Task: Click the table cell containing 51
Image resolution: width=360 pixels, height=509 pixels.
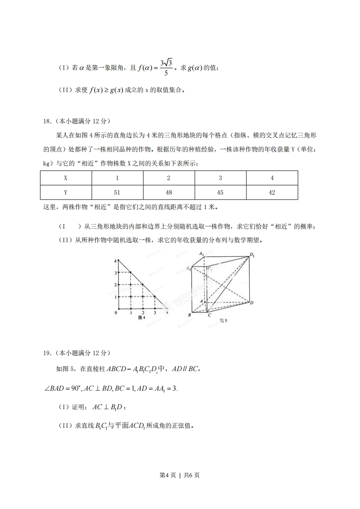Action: tap(117, 192)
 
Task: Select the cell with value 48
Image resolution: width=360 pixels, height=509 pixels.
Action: tap(169, 192)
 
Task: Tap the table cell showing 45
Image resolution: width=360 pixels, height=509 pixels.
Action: tap(220, 192)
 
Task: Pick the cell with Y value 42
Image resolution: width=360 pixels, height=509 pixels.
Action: tap(272, 192)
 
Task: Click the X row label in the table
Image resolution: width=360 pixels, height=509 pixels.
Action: tap(66, 178)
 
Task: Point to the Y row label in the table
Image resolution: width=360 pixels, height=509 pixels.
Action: tap(66, 192)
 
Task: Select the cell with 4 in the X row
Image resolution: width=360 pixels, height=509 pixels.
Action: tap(272, 178)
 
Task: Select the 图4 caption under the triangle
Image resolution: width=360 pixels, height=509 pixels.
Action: tap(141, 318)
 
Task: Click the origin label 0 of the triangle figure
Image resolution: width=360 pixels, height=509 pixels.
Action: tap(116, 313)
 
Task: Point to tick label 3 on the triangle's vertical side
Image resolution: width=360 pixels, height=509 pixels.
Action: tap(116, 273)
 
